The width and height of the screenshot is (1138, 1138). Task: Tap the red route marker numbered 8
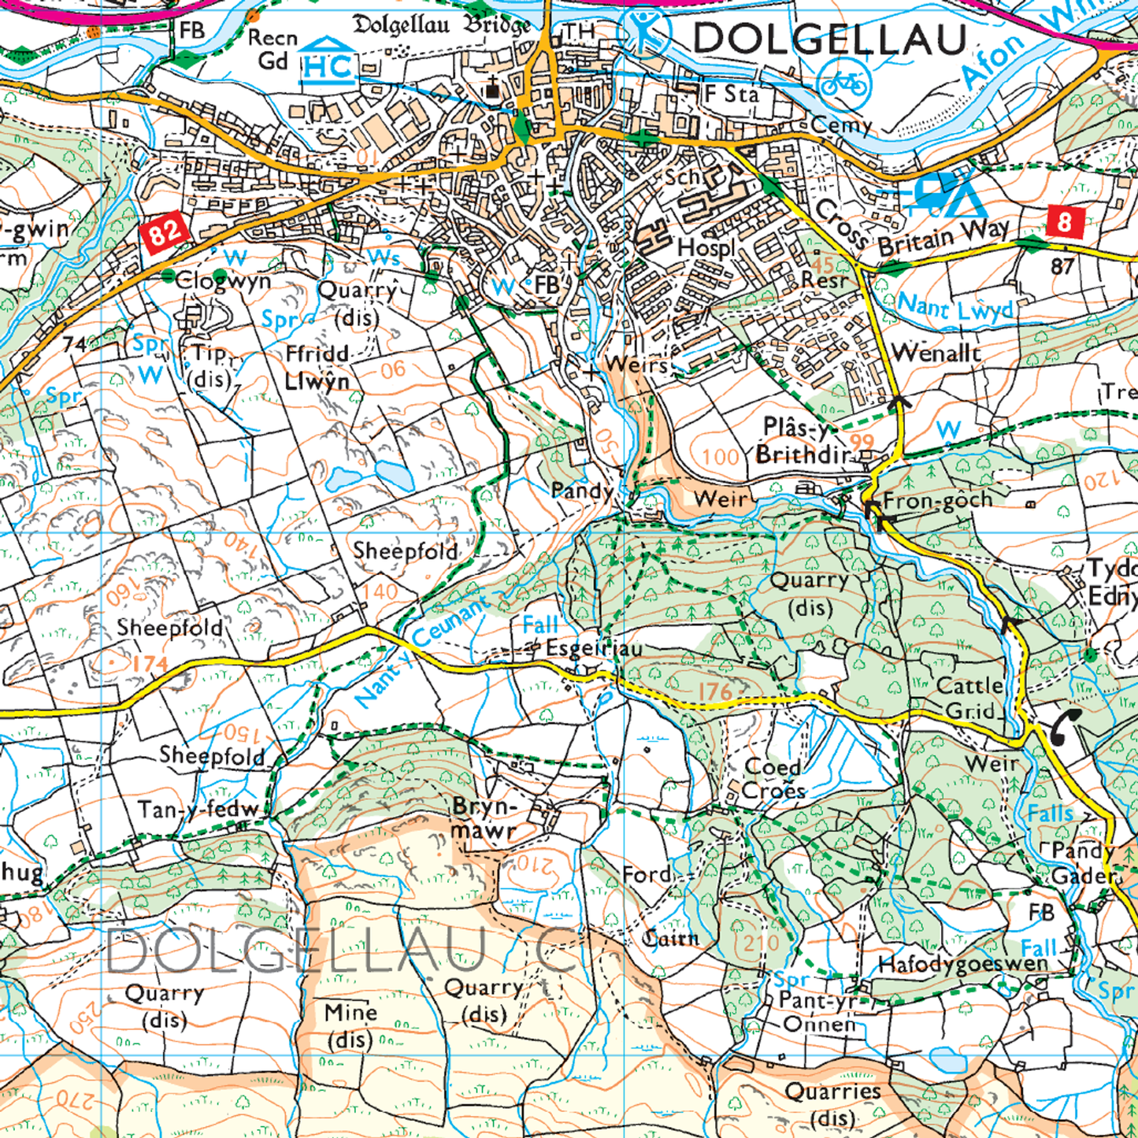tap(1066, 222)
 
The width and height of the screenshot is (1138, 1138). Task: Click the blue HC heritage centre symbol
tap(328, 61)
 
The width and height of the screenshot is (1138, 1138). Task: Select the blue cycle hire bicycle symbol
tap(843, 83)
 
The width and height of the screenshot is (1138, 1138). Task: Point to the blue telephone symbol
tap(1066, 726)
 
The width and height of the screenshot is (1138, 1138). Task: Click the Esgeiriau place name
tap(594, 648)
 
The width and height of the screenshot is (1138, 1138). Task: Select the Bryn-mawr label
tap(484, 818)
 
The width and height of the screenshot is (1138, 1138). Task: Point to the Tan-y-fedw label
tap(198, 809)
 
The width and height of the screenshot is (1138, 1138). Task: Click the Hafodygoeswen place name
tap(963, 964)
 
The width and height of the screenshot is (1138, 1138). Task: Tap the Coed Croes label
tap(774, 779)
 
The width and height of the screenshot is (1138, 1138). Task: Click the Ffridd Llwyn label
tap(317, 368)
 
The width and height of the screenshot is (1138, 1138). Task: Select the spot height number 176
tap(715, 691)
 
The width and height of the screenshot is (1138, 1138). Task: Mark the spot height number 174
tap(150, 664)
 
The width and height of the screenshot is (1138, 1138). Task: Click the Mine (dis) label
tap(350, 1025)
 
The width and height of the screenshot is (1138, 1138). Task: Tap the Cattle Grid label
tap(969, 698)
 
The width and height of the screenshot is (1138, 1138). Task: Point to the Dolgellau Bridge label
tap(442, 25)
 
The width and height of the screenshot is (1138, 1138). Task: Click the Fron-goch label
tap(938, 500)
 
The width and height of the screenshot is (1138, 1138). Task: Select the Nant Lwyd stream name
tap(955, 307)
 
